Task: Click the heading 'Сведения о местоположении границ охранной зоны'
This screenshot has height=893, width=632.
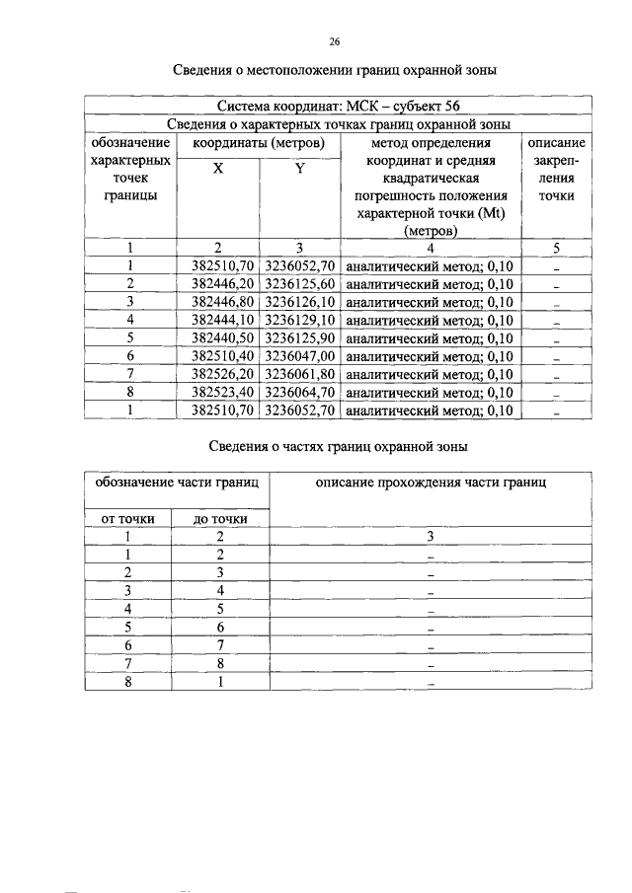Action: (334, 71)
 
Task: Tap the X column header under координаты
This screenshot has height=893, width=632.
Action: (217, 169)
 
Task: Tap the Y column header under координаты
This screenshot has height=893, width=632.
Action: (300, 169)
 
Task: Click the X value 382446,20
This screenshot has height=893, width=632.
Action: (218, 284)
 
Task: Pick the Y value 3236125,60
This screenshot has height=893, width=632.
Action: (301, 284)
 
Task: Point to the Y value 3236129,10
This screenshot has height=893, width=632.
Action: (301, 321)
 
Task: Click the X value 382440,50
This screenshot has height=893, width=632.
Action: (218, 338)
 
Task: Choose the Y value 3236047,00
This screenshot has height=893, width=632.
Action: (301, 356)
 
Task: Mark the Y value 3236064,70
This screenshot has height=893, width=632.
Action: (301, 393)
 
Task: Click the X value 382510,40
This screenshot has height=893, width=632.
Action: (218, 356)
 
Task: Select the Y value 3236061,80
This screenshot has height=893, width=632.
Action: (301, 375)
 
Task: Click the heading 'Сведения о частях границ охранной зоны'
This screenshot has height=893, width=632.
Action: (338, 446)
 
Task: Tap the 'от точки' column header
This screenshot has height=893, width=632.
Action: (127, 518)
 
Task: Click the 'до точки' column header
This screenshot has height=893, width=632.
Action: (220, 518)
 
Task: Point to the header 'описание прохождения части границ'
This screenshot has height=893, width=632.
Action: (431, 483)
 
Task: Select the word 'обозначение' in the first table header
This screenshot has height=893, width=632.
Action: (128, 142)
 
